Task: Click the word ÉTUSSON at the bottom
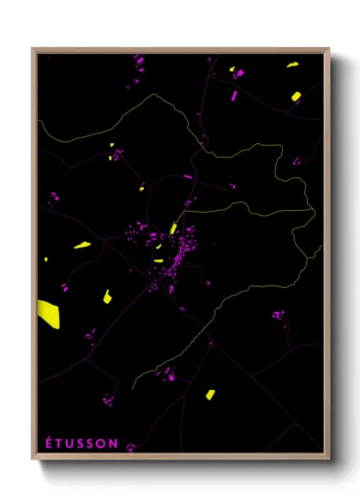tap(81, 443)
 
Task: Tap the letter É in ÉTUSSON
tap(48, 443)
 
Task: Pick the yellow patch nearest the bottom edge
tap(210, 394)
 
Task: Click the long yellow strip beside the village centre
tap(174, 228)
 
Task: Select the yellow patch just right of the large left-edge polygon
tap(107, 297)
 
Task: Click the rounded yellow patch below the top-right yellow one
tap(295, 96)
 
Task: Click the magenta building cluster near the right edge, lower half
tap(278, 315)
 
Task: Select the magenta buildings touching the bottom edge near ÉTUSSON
tap(131, 447)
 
